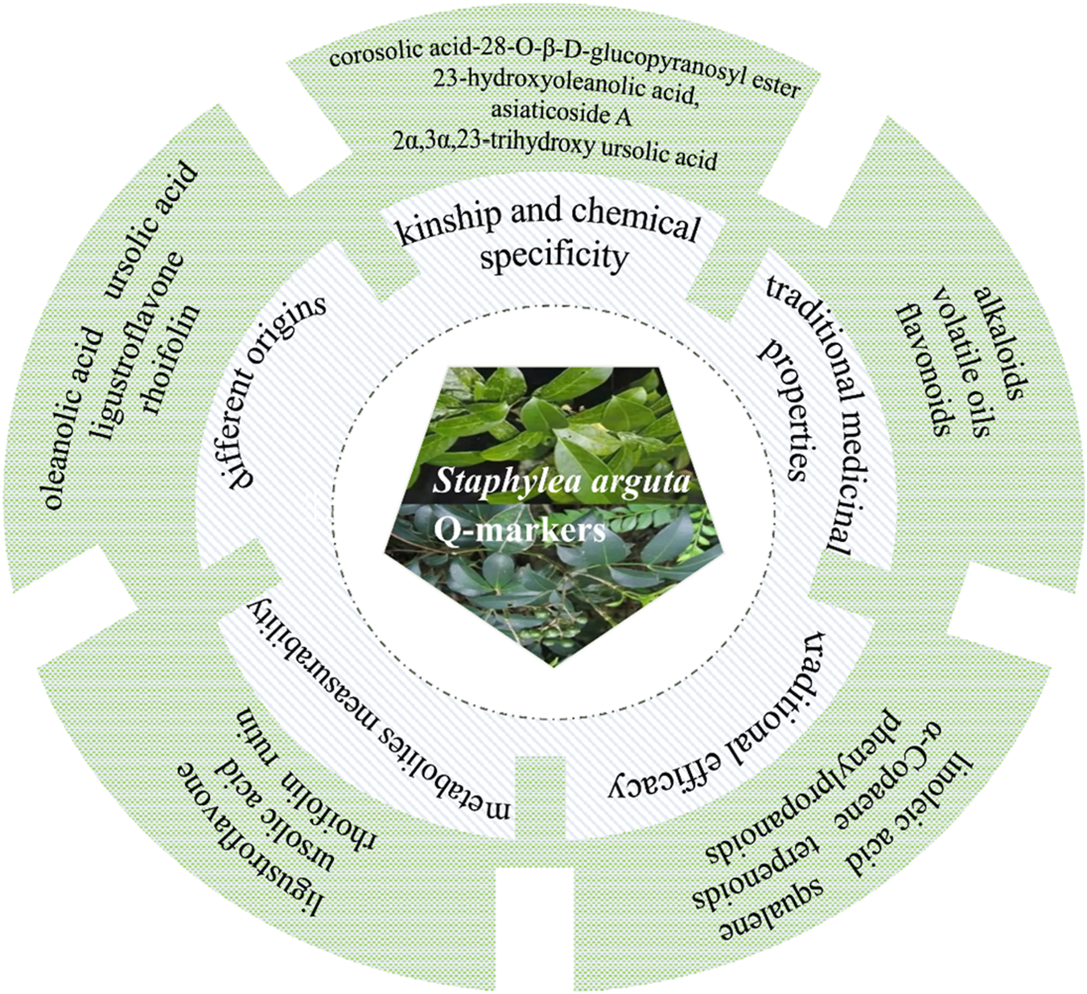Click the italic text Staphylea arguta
tap(562, 482)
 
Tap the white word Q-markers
tap(519, 530)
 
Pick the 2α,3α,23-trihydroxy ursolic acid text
tap(555, 148)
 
